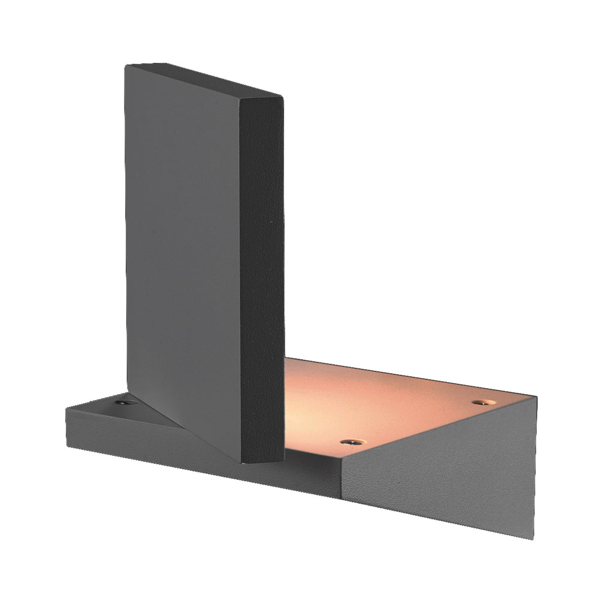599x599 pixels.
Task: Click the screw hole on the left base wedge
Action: coord(123,403)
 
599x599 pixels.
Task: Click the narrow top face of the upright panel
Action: coord(204,78)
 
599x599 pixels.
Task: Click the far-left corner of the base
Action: coord(66,409)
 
